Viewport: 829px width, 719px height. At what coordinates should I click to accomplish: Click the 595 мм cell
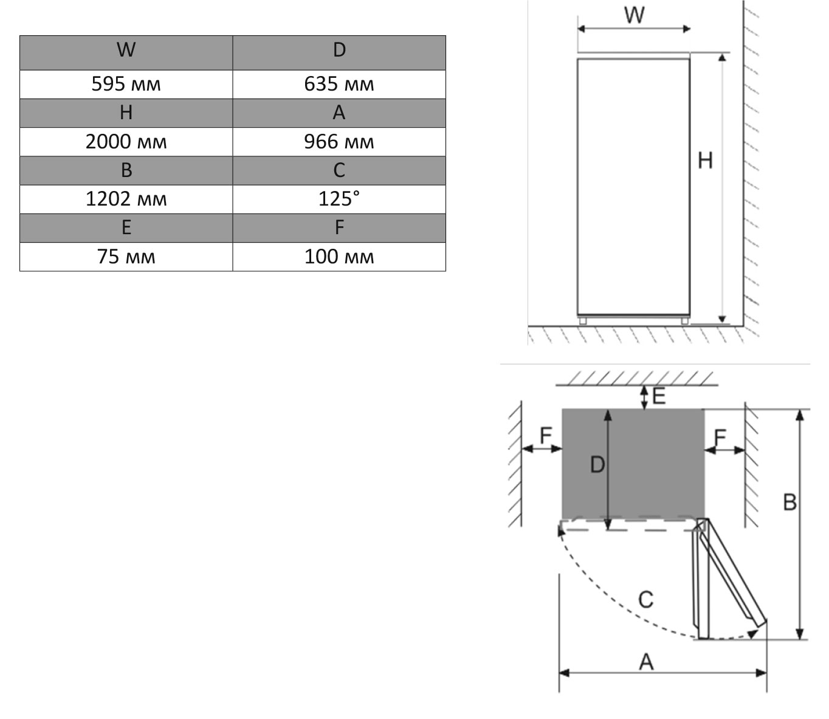coord(126,84)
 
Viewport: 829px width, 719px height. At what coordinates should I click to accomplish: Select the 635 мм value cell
coord(339,84)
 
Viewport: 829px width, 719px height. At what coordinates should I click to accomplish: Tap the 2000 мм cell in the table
coord(126,142)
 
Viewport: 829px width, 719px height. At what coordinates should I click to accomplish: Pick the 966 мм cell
coord(339,142)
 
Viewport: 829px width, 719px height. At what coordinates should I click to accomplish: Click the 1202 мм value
coord(126,199)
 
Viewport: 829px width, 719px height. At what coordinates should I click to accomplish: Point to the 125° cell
coord(339,199)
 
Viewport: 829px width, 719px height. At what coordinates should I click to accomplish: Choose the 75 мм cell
coord(126,257)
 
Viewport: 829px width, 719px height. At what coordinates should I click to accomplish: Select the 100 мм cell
coord(339,257)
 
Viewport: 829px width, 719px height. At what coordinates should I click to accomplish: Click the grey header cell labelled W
coord(126,50)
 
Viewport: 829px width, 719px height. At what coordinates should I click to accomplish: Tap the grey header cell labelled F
coord(339,228)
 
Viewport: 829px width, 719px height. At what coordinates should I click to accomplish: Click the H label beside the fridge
coord(705,161)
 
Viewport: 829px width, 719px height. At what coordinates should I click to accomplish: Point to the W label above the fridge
coord(634,15)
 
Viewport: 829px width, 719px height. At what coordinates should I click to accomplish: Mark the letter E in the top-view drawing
coord(659,397)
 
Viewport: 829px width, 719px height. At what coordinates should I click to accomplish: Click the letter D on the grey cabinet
coord(597,465)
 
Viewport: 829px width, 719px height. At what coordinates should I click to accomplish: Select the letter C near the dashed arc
coord(645,599)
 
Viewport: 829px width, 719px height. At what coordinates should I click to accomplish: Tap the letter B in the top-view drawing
coord(789,502)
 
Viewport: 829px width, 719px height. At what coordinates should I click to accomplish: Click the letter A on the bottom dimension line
coord(646,661)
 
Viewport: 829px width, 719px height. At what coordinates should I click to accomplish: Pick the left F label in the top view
coord(546,435)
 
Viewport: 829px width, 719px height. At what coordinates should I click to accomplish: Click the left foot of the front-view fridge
coord(583,321)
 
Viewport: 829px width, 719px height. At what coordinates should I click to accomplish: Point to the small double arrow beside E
coord(644,397)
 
